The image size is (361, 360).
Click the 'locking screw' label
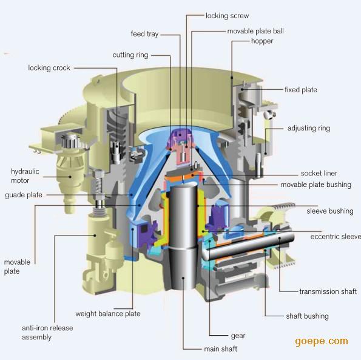(228, 16)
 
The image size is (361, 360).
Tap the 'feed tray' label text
(144, 34)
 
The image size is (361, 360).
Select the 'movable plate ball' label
(255, 31)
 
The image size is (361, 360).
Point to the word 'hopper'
(262, 41)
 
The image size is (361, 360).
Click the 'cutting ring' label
(130, 55)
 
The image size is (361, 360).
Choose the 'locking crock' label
(49, 68)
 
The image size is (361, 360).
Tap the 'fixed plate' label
(301, 90)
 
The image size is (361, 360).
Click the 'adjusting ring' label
(309, 128)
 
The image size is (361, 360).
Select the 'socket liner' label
(319, 174)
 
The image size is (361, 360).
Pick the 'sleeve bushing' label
(330, 211)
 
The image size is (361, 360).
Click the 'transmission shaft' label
(328, 291)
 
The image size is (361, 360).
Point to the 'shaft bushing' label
(307, 316)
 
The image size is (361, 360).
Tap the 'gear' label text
(238, 336)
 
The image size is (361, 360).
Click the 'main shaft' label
(221, 349)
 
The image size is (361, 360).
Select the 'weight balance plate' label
(108, 314)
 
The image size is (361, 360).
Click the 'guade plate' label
(24, 195)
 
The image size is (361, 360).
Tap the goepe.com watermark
(322, 341)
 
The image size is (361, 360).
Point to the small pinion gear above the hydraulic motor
(70, 140)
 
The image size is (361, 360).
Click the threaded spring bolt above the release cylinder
(99, 185)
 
